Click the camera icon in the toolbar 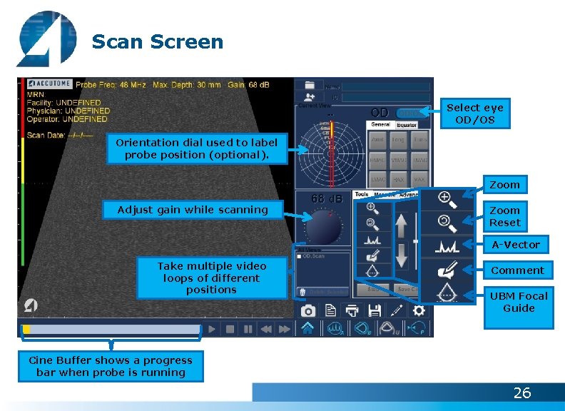(x=308, y=310)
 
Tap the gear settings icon (x=419, y=310)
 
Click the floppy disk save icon (x=375, y=310)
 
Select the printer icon (x=352, y=310)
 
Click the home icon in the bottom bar (x=307, y=328)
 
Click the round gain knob (x=325, y=228)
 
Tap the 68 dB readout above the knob (x=327, y=198)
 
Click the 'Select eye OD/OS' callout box (x=475, y=113)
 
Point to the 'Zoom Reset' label (x=504, y=216)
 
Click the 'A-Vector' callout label (x=516, y=245)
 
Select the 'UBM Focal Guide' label (x=518, y=302)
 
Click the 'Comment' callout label (x=517, y=270)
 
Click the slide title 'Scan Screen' (x=157, y=41)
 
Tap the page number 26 (x=522, y=393)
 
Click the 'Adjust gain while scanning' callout (x=193, y=210)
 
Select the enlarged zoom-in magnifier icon (x=447, y=199)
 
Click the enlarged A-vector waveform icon (x=447, y=247)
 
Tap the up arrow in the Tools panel (x=402, y=227)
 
